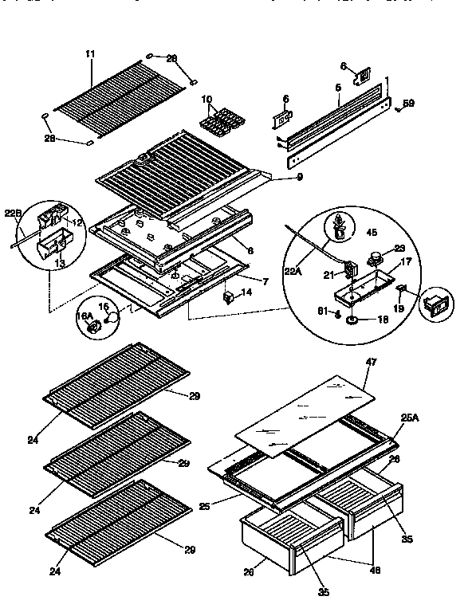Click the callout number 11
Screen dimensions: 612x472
(x=90, y=53)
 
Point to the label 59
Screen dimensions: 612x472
(x=407, y=103)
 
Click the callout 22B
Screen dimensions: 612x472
(x=13, y=214)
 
